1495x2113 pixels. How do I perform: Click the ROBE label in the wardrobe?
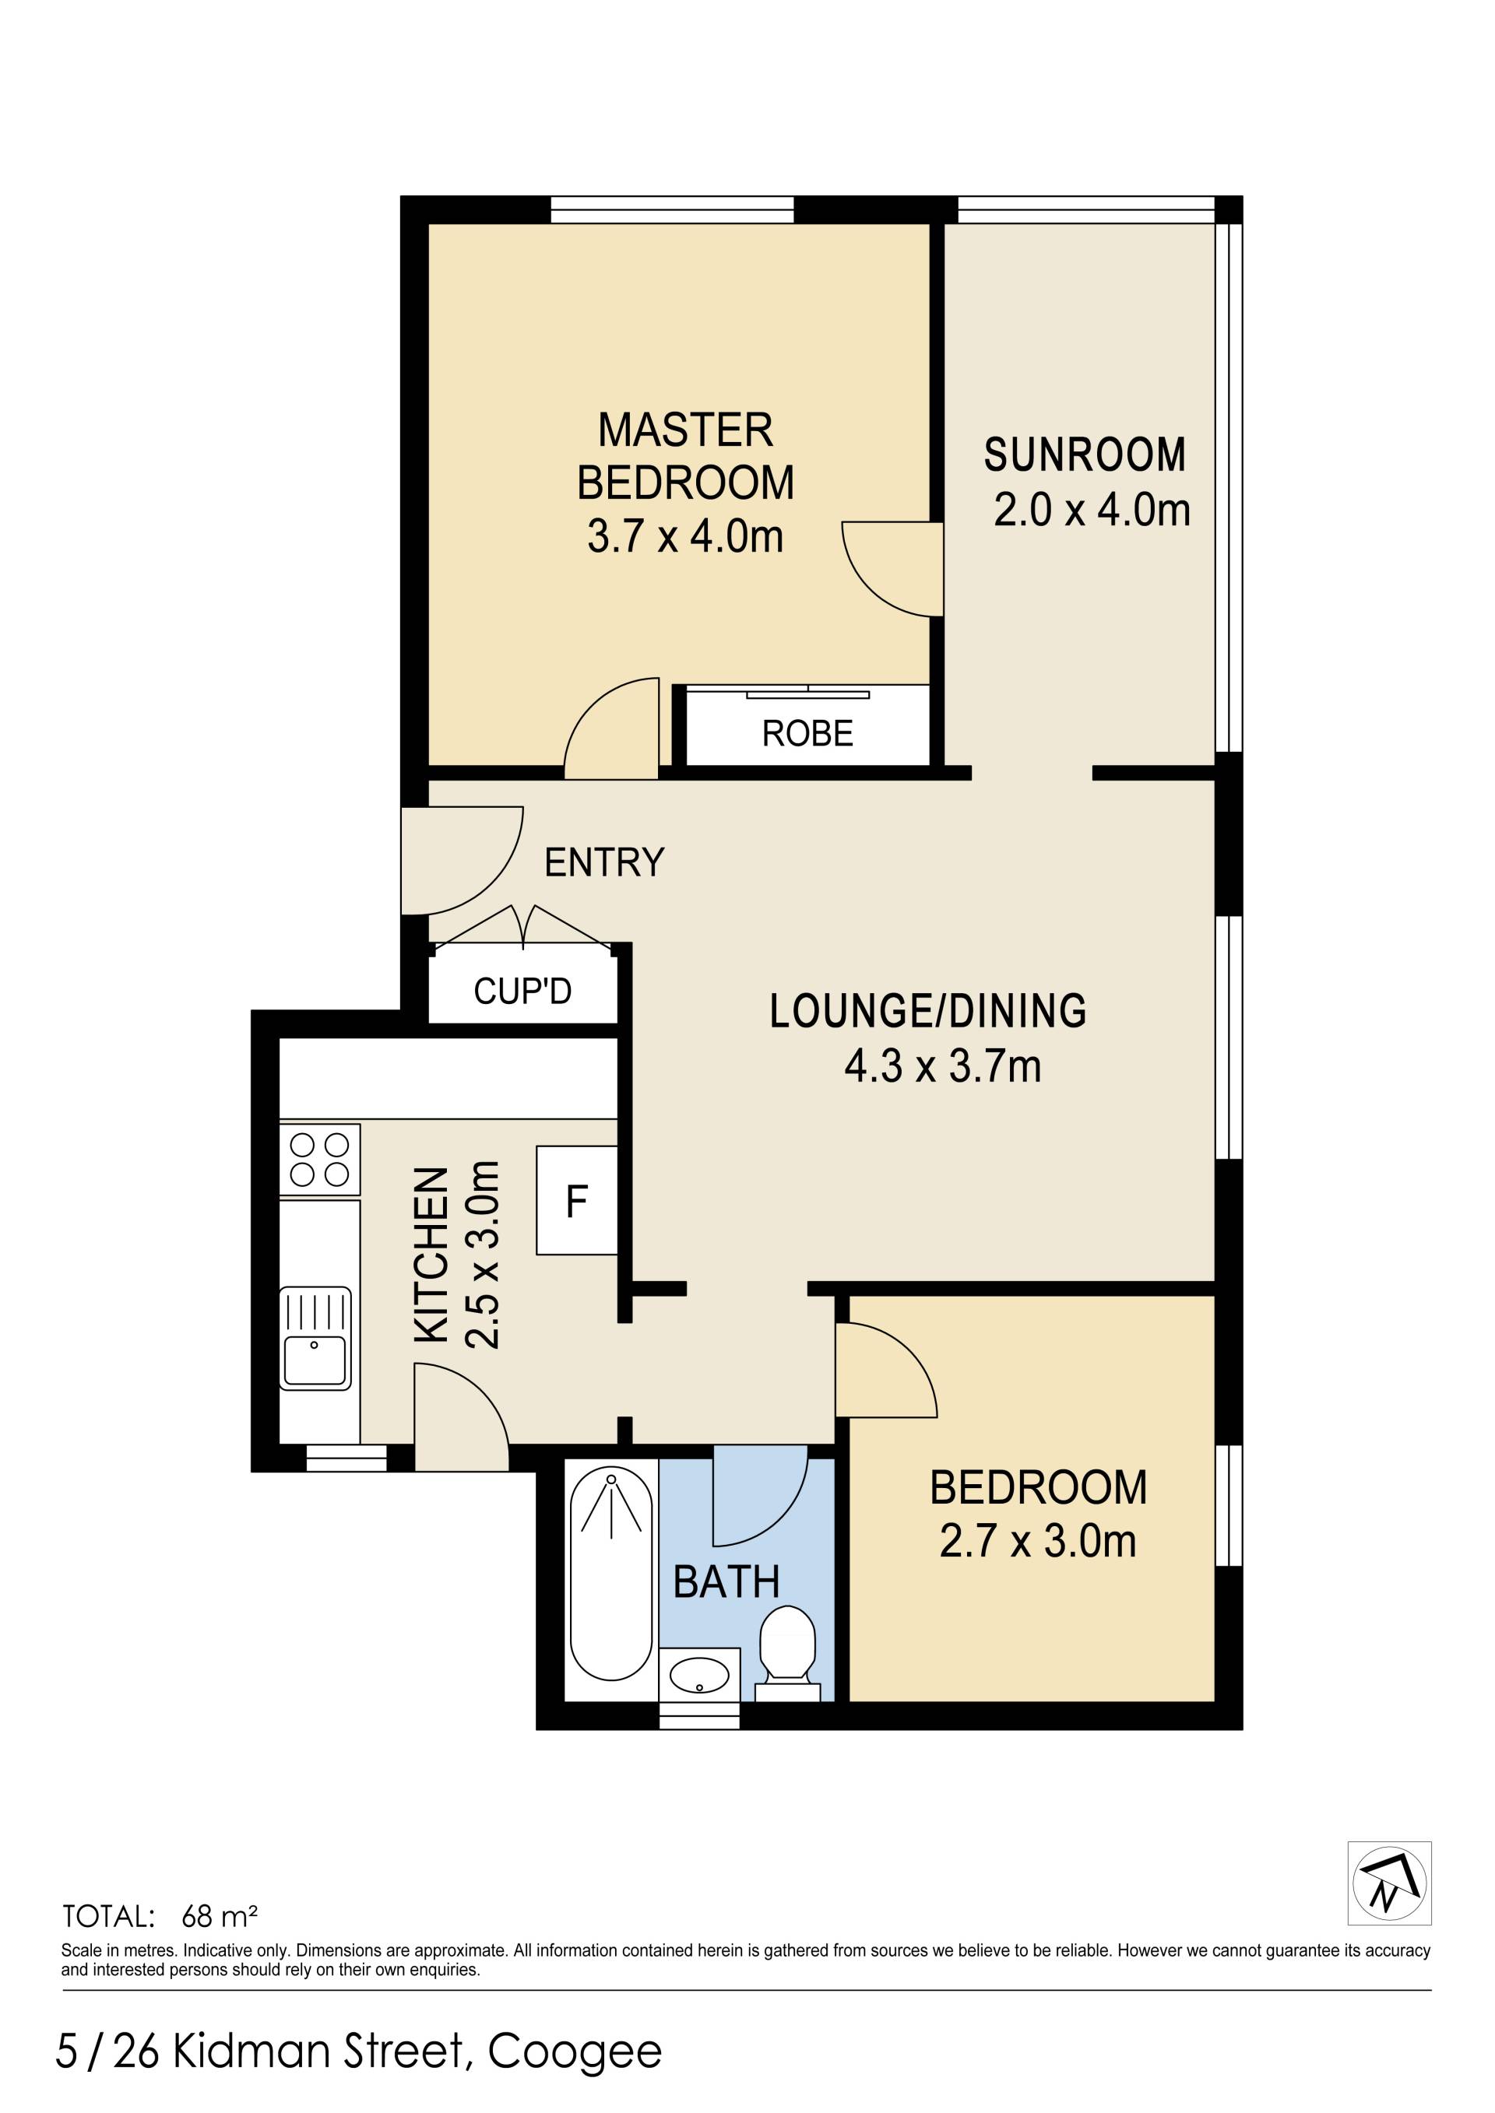coord(807,733)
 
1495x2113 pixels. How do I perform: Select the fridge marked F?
coord(576,1200)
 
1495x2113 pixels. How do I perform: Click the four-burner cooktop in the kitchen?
coord(319,1160)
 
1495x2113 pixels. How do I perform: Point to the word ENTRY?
coord(604,862)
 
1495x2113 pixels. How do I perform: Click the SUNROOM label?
coord(1085,455)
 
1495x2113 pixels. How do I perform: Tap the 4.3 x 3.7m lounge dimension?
coord(943,1067)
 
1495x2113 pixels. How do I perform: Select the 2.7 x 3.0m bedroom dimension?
coord(1037,1542)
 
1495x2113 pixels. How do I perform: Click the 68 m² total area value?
coord(219,1916)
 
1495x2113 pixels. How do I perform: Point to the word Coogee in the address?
coord(575,2052)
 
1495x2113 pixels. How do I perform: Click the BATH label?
coord(726,1582)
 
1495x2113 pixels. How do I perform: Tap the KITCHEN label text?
coord(431,1255)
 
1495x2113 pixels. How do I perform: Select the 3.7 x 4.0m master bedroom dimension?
coord(685,535)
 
